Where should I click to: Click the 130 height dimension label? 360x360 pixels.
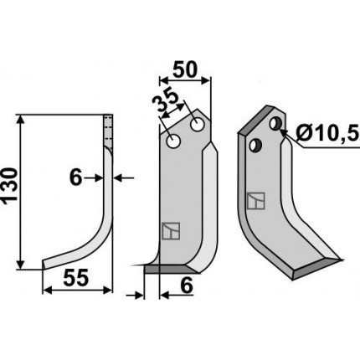tap(10, 187)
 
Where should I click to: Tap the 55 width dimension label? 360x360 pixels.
tap(76, 278)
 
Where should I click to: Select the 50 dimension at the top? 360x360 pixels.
tap(185, 69)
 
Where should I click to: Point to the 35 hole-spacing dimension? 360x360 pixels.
tap(165, 101)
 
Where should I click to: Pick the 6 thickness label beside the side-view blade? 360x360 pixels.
tap(76, 177)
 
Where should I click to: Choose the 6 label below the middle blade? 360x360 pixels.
tap(187, 285)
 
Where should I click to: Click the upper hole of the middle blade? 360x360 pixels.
tap(197, 125)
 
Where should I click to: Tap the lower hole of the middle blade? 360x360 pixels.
tap(173, 141)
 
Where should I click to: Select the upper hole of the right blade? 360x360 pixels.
tap(275, 124)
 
